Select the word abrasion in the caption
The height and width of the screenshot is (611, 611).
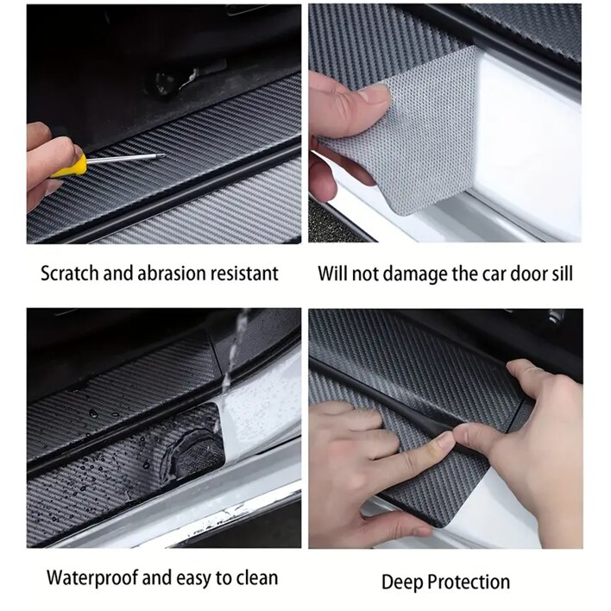(172, 274)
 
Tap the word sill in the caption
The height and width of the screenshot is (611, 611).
(563, 274)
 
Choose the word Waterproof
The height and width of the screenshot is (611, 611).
(91, 578)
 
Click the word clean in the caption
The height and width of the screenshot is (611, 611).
(257, 578)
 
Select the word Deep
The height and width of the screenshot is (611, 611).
(402, 583)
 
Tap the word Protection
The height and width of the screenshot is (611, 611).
(469, 583)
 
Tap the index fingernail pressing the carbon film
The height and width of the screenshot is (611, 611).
(445, 438)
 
